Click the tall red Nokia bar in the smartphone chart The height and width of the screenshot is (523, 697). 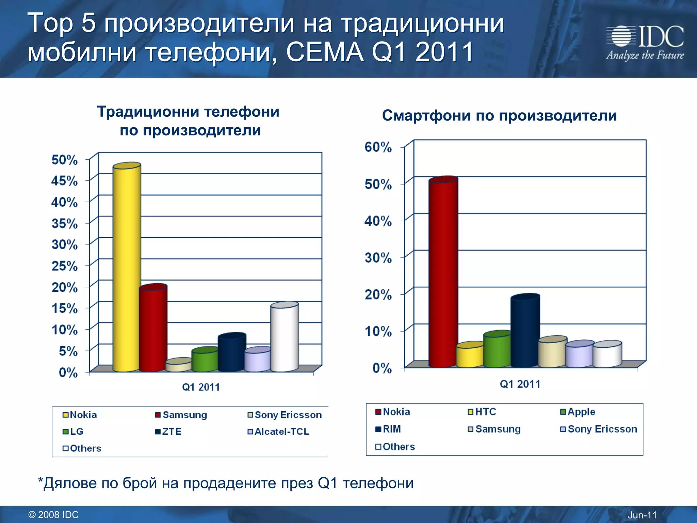[x=443, y=272]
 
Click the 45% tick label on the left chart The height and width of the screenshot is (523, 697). [x=64, y=181]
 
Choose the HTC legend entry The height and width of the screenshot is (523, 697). [x=482, y=412]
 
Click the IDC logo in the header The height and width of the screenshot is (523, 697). [x=645, y=43]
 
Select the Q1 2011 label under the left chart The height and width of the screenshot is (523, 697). [x=201, y=387]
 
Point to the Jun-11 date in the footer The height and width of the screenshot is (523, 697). [x=642, y=515]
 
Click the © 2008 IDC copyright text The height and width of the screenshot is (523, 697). [x=53, y=515]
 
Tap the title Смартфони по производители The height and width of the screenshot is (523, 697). [x=499, y=115]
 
